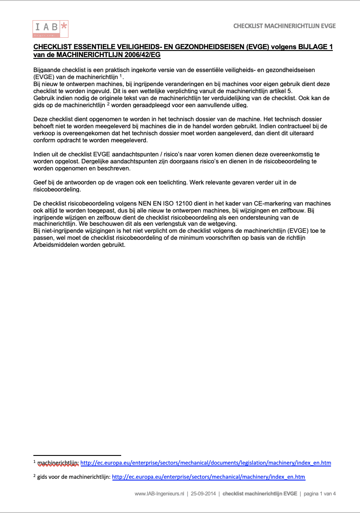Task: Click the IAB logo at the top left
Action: (50, 29)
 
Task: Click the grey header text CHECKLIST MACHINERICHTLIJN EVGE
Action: (284, 26)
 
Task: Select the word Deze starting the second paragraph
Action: (40, 119)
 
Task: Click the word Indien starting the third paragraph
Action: (41, 154)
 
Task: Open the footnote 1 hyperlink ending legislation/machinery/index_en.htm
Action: (205, 462)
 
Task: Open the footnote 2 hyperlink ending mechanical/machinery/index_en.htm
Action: (209, 477)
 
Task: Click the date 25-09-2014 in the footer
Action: (203, 494)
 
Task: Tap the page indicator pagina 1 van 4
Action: (320, 494)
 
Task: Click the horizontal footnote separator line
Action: (77, 455)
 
